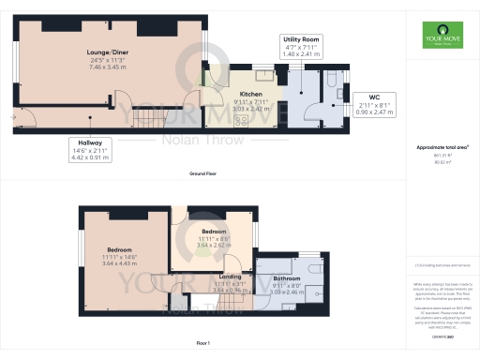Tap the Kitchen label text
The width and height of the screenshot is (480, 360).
(x=250, y=95)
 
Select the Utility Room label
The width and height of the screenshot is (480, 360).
(x=302, y=39)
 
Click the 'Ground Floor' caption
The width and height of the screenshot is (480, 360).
(x=203, y=175)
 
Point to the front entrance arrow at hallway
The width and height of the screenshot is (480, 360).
(x=12, y=117)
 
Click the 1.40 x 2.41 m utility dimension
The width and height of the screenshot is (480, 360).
(x=302, y=55)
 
